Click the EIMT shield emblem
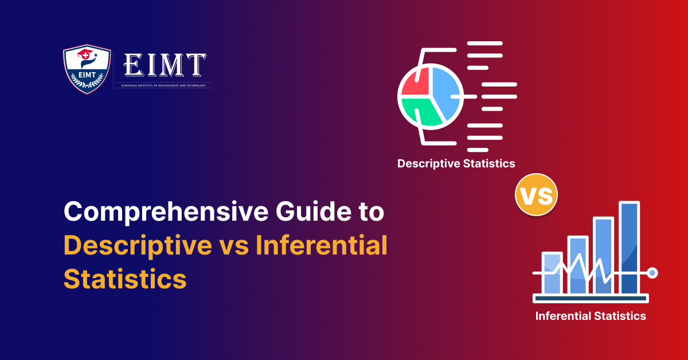point(87,69)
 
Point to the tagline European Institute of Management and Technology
point(164,85)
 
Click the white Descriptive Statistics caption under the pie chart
point(456,163)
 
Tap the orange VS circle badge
point(536,195)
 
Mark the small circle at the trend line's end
point(652,273)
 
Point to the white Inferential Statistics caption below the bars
point(590,316)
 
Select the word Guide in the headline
point(310,213)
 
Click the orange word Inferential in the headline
point(322,246)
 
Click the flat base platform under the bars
point(591,299)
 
